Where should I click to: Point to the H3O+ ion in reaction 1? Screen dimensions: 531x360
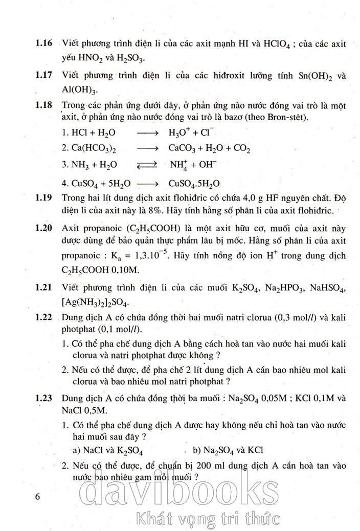click(x=178, y=132)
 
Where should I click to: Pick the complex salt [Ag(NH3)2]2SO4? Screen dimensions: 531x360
click(x=95, y=302)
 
